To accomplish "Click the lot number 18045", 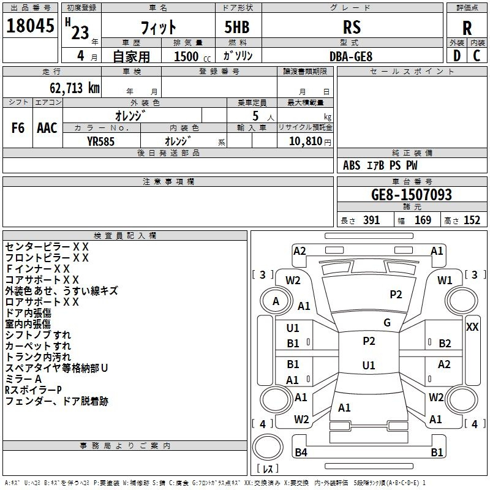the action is (x=30, y=26).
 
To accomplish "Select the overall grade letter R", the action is (x=467, y=28).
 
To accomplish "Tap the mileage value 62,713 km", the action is (x=75, y=88).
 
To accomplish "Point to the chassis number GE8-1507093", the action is (x=412, y=194).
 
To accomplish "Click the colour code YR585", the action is (x=100, y=141).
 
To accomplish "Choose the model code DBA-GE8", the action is (x=351, y=56).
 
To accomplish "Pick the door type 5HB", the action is (x=237, y=27).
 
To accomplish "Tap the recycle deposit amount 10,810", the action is (x=305, y=141).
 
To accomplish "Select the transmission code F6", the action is (x=18, y=128).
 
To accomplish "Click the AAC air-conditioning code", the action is (x=47, y=128).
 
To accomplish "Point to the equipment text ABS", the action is (x=352, y=165).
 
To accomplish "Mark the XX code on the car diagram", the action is (x=472, y=327).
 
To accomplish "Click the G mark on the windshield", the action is (x=387, y=323).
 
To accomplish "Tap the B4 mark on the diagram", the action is (x=301, y=452).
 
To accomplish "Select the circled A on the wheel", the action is (x=276, y=301).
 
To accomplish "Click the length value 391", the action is (x=371, y=220).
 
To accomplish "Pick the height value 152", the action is (x=472, y=220).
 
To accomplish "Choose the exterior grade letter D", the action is (x=457, y=56).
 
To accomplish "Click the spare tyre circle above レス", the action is (x=268, y=447).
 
